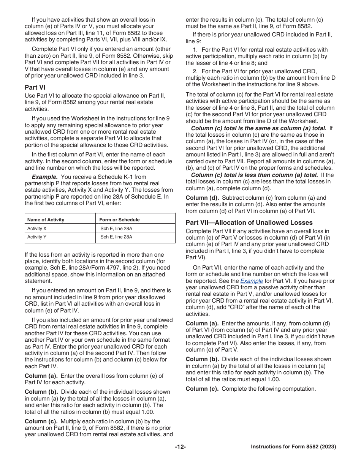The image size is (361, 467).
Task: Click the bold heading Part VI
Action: click(x=35, y=87)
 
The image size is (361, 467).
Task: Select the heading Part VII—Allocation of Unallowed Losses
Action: click(x=249, y=222)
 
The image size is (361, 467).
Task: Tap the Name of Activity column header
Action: click(x=46, y=219)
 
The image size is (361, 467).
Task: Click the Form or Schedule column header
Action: click(x=119, y=219)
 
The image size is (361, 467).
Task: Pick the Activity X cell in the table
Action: click(x=37, y=229)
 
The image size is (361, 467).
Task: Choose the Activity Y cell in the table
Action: click(x=37, y=237)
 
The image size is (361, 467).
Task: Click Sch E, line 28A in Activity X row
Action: click(x=116, y=229)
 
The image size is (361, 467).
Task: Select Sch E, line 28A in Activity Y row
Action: click(x=116, y=237)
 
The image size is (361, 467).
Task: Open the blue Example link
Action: click(x=252, y=281)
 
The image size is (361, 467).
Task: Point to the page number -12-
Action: click(x=180, y=447)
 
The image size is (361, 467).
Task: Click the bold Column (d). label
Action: click(x=202, y=198)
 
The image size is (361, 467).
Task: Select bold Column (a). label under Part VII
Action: click(x=202, y=323)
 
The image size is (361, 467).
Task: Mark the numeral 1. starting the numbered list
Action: click(x=195, y=50)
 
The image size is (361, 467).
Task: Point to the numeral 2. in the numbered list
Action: click(x=195, y=71)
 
